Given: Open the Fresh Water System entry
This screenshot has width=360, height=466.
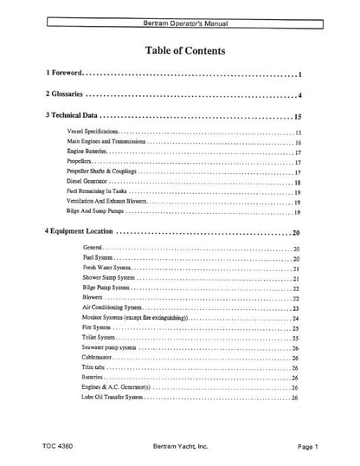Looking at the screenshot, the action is tap(106, 269).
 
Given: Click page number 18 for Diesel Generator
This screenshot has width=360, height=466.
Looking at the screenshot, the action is tap(297, 182).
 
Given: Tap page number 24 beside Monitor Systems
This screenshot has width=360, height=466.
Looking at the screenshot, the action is tap(295, 319).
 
